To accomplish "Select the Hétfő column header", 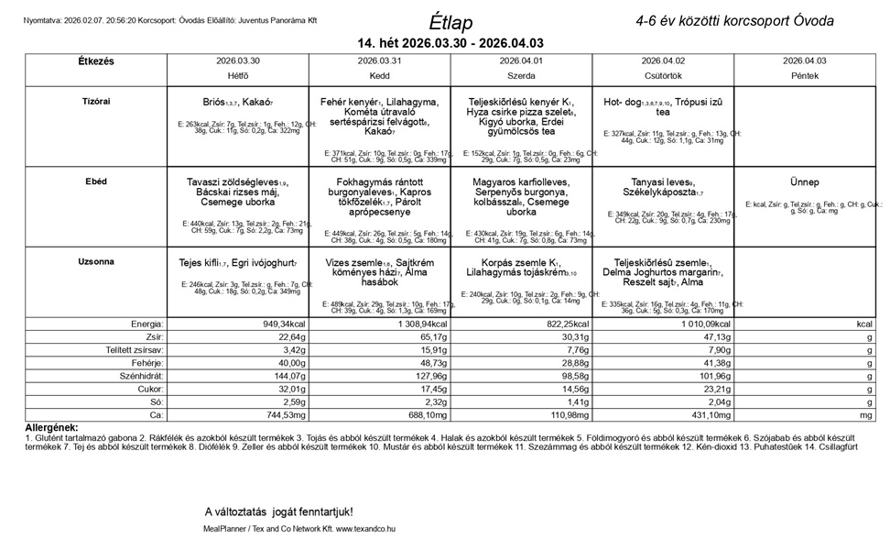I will [x=238, y=75].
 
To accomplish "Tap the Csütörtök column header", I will [x=663, y=75].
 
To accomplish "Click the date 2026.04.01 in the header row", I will [x=521, y=60].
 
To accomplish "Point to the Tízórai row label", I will [x=96, y=101].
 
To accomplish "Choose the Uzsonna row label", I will [x=96, y=261].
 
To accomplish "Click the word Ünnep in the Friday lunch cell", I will [x=804, y=182].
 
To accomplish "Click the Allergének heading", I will [x=52, y=427].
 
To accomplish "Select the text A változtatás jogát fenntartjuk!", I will [x=278, y=511].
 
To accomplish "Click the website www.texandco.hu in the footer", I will [x=365, y=529].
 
